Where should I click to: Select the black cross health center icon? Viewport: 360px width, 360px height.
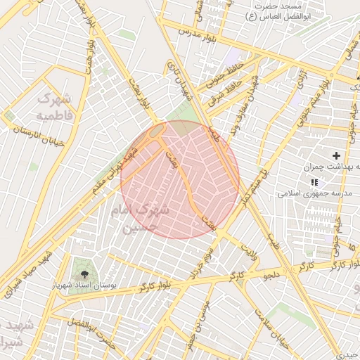[x=336, y=155]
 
